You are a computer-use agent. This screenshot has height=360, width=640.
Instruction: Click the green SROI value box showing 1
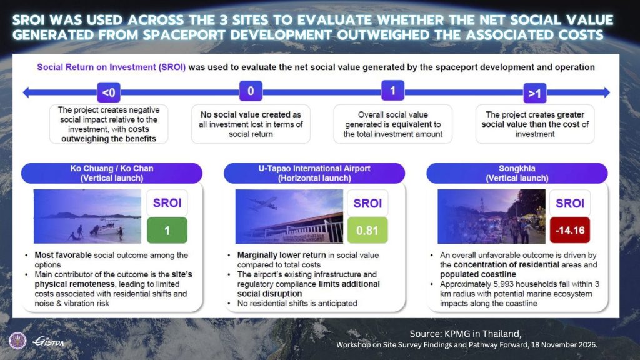click(x=167, y=231)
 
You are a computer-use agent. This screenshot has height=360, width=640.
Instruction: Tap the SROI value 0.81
click(x=367, y=231)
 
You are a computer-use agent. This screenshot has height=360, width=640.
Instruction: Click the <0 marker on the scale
click(x=108, y=93)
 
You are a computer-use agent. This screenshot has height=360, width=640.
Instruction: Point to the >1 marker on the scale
click(x=533, y=93)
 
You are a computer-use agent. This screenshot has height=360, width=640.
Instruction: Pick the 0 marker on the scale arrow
click(x=251, y=91)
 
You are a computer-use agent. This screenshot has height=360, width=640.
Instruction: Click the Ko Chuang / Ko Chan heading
click(x=112, y=172)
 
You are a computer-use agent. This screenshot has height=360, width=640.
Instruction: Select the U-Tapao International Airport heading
click(x=313, y=172)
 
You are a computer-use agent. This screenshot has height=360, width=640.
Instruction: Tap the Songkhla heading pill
click(x=516, y=172)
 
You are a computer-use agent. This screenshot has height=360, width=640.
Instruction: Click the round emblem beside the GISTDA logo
click(x=17, y=341)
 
